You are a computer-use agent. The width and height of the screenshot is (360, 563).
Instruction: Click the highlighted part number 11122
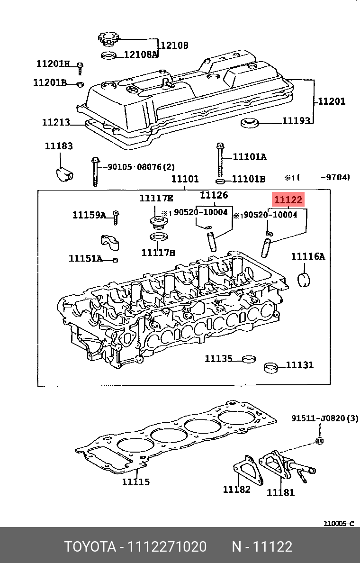[x=288, y=200]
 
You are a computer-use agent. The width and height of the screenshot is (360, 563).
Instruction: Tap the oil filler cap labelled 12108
[x=108, y=37]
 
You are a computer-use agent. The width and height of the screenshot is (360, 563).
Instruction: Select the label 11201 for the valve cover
[x=331, y=101]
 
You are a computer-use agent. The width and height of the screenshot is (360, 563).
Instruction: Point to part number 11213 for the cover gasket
[x=56, y=122]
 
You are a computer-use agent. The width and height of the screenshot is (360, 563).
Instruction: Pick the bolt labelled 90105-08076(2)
[x=95, y=171]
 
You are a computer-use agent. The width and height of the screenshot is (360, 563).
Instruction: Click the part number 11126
[x=214, y=195]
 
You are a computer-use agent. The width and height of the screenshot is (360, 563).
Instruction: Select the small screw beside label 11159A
[x=115, y=217]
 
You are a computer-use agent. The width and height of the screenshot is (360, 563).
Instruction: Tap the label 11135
[x=218, y=359]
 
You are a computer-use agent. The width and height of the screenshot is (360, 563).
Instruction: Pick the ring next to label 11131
[x=271, y=367]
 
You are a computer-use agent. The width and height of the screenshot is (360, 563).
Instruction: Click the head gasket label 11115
[x=135, y=482]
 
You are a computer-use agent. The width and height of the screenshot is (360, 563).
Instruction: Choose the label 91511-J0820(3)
[x=324, y=418]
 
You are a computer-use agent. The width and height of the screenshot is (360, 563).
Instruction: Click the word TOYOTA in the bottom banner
[x=90, y=547]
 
